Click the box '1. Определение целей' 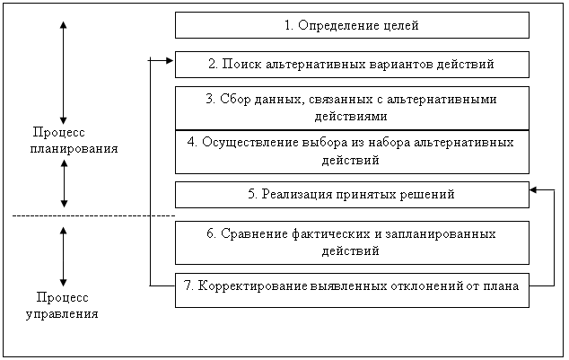pos(352,25)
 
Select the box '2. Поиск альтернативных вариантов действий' pos(352,65)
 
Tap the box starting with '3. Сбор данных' pos(352,108)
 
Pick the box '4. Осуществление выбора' pos(352,152)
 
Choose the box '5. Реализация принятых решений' pos(352,195)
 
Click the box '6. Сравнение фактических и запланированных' pos(352,242)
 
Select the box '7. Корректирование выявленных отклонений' pos(352,290)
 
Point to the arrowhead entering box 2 pos(170,61)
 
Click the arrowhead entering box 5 pos(533,189)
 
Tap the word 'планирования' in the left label pos(74,149)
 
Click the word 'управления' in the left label pos(62,314)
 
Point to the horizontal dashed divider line pos(93,216)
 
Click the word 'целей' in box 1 pos(401,26)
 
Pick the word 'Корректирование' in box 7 pos(253,286)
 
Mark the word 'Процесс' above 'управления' pos(63,297)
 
